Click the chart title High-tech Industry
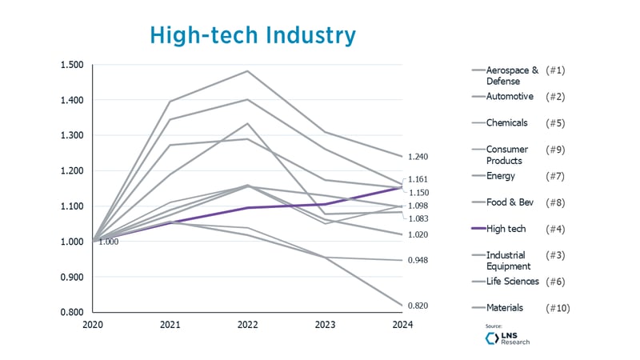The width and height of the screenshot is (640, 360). tap(253, 36)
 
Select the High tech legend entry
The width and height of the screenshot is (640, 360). tap(505, 229)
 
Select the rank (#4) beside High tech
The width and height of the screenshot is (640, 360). tap(556, 229)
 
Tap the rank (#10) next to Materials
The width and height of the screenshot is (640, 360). tap(558, 307)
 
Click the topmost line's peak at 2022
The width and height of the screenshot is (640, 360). tap(246, 71)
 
